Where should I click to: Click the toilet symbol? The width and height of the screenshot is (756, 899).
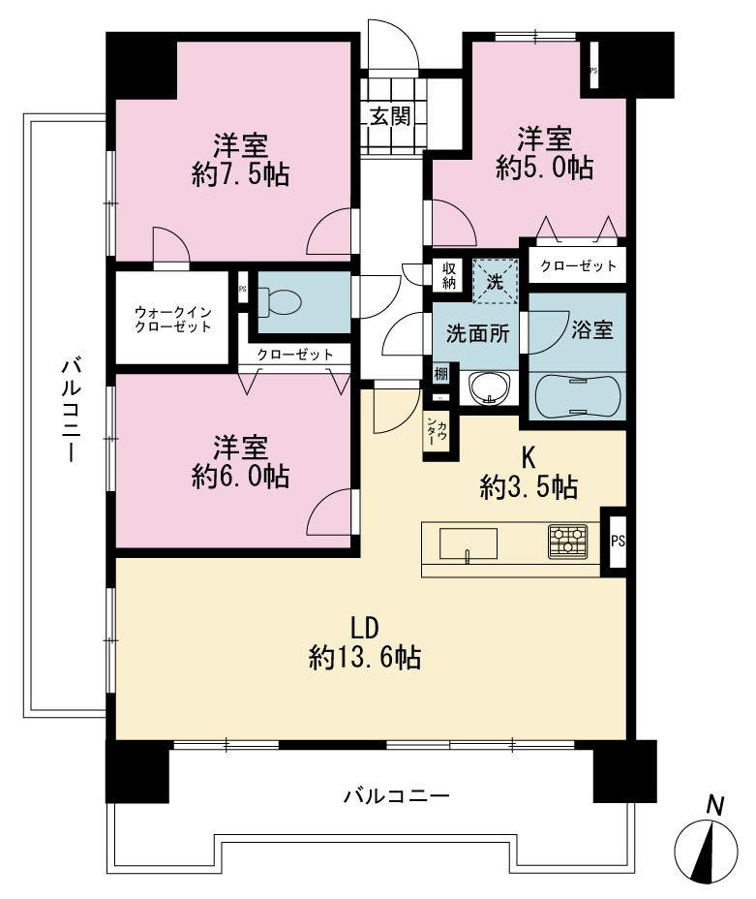coord(280,300)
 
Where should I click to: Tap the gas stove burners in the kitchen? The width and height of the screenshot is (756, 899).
coord(567,542)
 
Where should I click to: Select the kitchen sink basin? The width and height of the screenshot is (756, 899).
coord(468,542)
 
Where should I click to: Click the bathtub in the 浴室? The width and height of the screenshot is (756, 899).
coord(577,396)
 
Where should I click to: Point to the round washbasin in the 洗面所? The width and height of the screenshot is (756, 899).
coord(489,387)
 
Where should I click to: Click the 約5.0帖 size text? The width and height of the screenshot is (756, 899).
coord(545,168)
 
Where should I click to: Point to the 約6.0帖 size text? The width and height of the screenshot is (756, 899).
coord(240,476)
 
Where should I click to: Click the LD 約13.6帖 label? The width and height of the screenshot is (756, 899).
coord(365,643)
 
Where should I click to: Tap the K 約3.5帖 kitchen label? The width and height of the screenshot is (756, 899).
coord(529,473)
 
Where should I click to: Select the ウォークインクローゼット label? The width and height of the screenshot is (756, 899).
coord(173,320)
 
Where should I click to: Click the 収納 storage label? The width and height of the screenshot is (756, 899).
coord(448,274)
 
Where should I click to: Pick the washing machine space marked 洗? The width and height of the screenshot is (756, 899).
coord(495,281)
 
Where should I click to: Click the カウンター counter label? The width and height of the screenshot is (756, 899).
coord(436,431)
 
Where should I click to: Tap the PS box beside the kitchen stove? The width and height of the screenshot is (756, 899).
coord(618,541)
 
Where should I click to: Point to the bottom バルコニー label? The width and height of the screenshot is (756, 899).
coord(396,795)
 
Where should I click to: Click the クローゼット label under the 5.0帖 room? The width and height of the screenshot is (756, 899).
coord(579,265)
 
